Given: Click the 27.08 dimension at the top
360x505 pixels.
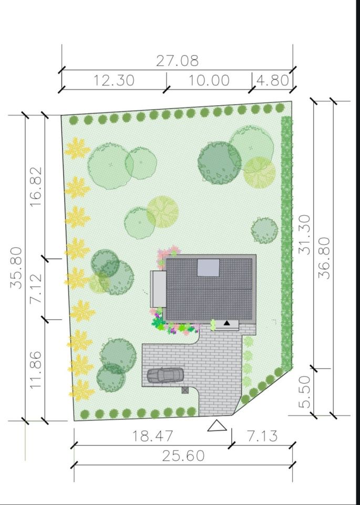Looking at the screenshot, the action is [x=177, y=60].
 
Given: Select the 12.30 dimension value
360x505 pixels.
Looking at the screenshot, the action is [x=114, y=80].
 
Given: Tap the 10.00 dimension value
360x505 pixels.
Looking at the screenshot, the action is [x=209, y=80].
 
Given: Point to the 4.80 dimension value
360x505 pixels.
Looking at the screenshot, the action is [x=273, y=80].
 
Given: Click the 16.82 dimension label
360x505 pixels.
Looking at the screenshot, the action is [x=36, y=187].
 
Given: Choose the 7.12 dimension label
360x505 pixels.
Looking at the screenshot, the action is [x=36, y=288].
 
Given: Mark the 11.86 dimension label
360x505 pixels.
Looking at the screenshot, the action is [x=36, y=369].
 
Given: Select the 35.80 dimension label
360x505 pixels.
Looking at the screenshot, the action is [x=16, y=268].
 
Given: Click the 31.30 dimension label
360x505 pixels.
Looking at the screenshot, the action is [x=305, y=235].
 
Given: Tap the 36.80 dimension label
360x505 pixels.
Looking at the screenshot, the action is [x=324, y=258].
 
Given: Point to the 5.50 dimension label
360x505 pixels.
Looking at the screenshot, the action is [x=305, y=392].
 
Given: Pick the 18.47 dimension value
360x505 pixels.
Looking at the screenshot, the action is [x=153, y=436].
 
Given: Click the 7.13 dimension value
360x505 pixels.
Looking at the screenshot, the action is [x=262, y=436].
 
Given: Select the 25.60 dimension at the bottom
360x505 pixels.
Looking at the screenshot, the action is [x=183, y=456].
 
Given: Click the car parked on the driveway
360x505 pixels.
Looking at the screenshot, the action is [x=166, y=375].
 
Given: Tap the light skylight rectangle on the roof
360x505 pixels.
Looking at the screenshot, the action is [x=209, y=268].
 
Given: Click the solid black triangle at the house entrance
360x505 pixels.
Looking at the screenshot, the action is [x=227, y=322].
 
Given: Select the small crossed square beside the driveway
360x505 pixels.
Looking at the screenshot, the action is [x=185, y=390].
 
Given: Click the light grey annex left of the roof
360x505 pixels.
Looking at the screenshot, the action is [x=158, y=289].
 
